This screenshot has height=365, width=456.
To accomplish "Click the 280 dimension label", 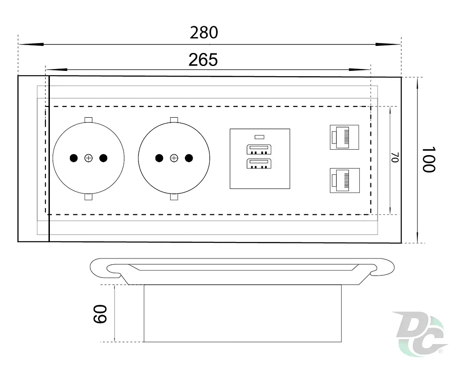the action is tap(204, 32).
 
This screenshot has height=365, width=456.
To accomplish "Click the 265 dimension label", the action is tap(203, 60).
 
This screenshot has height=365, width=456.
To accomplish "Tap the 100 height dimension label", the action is tap(428, 160).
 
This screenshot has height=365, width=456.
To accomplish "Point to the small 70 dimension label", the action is tap(395, 157).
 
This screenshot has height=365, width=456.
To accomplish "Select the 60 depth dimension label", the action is tap(100, 314).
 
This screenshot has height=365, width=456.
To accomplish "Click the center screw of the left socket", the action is tap(89, 158).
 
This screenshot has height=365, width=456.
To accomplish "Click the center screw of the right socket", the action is tap(174, 158).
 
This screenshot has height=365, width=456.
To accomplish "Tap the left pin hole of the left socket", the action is tap(74, 158).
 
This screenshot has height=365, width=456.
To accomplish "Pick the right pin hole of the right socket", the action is tap(189, 158).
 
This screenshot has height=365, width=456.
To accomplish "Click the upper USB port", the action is tap(259, 149).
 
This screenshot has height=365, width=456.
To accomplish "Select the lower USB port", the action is tap(259, 164).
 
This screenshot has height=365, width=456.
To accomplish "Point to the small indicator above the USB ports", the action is tap(259, 137).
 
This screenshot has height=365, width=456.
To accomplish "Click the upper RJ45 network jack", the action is tap(344, 137).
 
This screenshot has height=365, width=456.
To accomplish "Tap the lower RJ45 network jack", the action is tap(345, 180).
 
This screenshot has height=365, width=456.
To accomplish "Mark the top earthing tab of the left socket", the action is tap(89, 119).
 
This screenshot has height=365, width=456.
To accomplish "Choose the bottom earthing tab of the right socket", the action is tap(174, 197).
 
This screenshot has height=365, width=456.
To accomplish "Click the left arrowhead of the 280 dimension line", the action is tap(31, 44).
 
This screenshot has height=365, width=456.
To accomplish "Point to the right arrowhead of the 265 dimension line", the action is tap(359, 70).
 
